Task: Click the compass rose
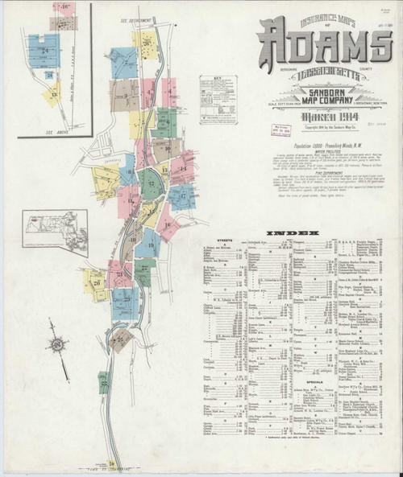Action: coord(59,343)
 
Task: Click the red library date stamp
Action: coord(280,130)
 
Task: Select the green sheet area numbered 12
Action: coord(152,186)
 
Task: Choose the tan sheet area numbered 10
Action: coord(169,148)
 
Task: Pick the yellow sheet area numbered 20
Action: coord(96,283)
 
